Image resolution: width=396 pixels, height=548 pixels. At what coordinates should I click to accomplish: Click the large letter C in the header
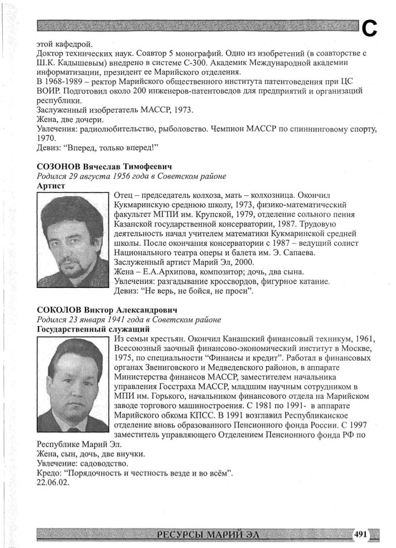pos(370,29)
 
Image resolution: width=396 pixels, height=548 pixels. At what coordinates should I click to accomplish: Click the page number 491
pos(360,534)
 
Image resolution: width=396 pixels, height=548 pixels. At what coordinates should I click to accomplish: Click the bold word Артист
pos(51,185)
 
